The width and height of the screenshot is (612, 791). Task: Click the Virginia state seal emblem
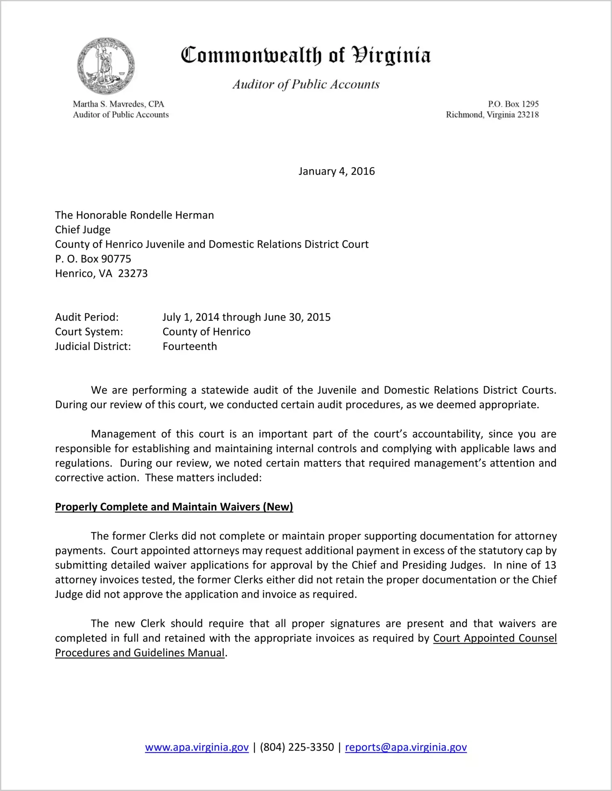tap(106, 66)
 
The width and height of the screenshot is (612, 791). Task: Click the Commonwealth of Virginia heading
tap(306, 55)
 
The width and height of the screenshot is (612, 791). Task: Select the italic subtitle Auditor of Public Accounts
tap(306, 84)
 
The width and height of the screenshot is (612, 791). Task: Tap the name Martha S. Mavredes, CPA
tap(118, 104)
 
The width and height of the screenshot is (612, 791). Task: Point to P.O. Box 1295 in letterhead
tap(513, 104)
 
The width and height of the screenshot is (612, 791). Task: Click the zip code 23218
tap(528, 115)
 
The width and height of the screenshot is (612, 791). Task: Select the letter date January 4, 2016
tap(336, 171)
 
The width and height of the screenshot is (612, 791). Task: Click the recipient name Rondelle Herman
tap(172, 215)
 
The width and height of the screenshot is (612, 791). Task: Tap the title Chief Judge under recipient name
tap(83, 230)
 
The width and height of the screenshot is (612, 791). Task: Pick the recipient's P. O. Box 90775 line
tap(93, 259)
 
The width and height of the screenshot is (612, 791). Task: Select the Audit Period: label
tap(87, 317)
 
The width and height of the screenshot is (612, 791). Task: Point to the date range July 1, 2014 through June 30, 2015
tap(246, 317)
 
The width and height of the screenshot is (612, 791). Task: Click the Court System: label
tap(89, 332)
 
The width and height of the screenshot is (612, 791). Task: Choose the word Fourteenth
tap(190, 347)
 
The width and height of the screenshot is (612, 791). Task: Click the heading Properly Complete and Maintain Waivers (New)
tap(174, 507)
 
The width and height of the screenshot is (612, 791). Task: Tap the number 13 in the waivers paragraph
tap(550, 565)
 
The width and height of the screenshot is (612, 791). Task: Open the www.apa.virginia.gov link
tap(197, 747)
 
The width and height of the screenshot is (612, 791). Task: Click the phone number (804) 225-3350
tap(297, 747)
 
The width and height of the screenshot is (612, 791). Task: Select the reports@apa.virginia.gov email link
tap(406, 747)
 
